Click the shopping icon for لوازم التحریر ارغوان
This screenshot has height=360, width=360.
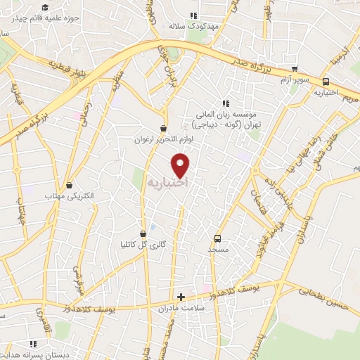164,129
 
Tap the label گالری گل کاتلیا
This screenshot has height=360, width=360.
143,245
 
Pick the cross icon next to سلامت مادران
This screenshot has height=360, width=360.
181,297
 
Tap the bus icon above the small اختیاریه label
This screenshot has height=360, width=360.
326,82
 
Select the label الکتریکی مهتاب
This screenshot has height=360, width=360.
69,196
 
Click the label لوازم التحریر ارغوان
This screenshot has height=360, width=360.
164,140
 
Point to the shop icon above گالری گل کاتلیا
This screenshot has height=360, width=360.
143,233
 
